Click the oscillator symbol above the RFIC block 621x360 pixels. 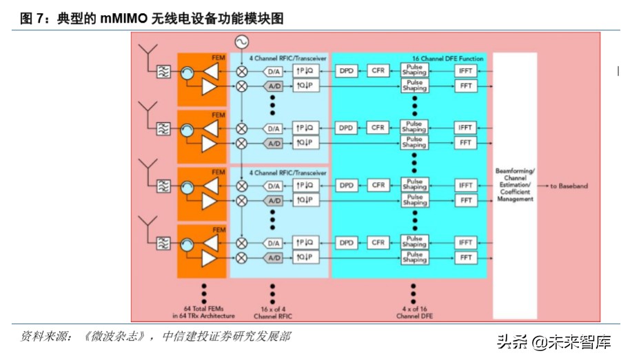tap(242, 41)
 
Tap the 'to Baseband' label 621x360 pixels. tap(569, 186)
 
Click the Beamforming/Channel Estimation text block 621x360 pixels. tap(515, 185)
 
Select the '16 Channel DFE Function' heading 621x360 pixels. tap(447, 59)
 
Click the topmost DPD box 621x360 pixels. tap(346, 70)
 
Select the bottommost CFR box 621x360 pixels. tap(378, 243)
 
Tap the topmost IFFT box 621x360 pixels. tap(466, 70)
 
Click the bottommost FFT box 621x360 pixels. tap(466, 257)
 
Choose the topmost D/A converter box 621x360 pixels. tap(274, 71)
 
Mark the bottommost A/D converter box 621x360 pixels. tap(274, 258)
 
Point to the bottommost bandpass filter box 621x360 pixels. tap(163, 243)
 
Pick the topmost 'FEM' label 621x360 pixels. tap(218, 58)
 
